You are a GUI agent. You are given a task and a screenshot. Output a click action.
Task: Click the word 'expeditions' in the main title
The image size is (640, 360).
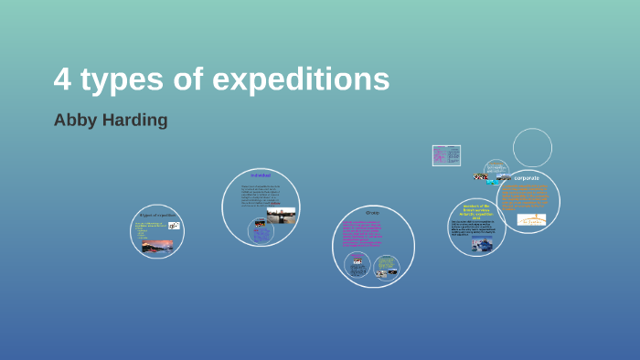click(301, 81)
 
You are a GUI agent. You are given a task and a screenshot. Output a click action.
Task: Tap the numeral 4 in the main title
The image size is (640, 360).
click(62, 80)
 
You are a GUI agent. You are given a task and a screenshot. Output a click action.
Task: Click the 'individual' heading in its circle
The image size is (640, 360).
click(261, 175)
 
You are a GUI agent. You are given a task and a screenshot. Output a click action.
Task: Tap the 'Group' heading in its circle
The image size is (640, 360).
click(372, 212)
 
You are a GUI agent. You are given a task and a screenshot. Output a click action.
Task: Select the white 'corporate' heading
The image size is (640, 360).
click(527, 177)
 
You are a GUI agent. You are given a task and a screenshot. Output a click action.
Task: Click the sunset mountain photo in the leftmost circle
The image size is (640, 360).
click(156, 245)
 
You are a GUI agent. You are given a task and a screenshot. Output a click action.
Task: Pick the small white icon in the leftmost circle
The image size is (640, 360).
click(174, 226)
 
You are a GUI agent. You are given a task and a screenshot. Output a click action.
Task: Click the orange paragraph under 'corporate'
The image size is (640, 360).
click(525, 196)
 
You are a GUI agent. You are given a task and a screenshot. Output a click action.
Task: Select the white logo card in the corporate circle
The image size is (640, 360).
click(531, 219)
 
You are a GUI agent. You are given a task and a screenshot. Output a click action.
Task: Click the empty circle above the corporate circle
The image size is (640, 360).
click(532, 147)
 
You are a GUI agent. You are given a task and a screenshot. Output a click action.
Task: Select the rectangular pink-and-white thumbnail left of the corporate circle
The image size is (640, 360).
click(446, 155)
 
